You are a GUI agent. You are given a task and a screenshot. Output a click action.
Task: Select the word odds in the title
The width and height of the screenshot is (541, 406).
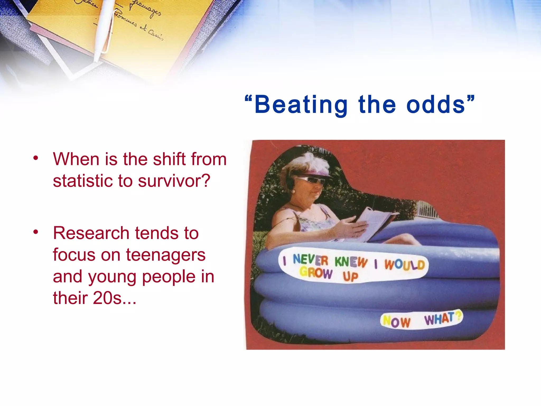436,105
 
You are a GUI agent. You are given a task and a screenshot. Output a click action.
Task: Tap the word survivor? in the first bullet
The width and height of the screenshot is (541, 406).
174,181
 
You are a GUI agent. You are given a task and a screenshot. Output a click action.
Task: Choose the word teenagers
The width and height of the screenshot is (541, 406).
166,255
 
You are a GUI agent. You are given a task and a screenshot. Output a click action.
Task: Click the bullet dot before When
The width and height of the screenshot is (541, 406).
36,158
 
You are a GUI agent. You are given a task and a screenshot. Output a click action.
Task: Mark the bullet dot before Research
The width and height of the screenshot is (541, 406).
36,232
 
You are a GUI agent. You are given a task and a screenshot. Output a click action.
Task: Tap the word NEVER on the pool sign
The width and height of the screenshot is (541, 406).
310,260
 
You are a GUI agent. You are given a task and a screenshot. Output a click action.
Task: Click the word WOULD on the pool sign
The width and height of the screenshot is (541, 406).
404,264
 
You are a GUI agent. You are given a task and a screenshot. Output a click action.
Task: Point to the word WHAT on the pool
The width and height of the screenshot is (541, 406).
440,318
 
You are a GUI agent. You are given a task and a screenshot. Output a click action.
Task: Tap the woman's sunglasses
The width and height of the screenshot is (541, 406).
312,180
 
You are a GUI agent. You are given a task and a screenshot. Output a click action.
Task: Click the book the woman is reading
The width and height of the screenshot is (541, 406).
375,222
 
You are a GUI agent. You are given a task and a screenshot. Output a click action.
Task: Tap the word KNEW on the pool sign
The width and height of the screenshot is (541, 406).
351,262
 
